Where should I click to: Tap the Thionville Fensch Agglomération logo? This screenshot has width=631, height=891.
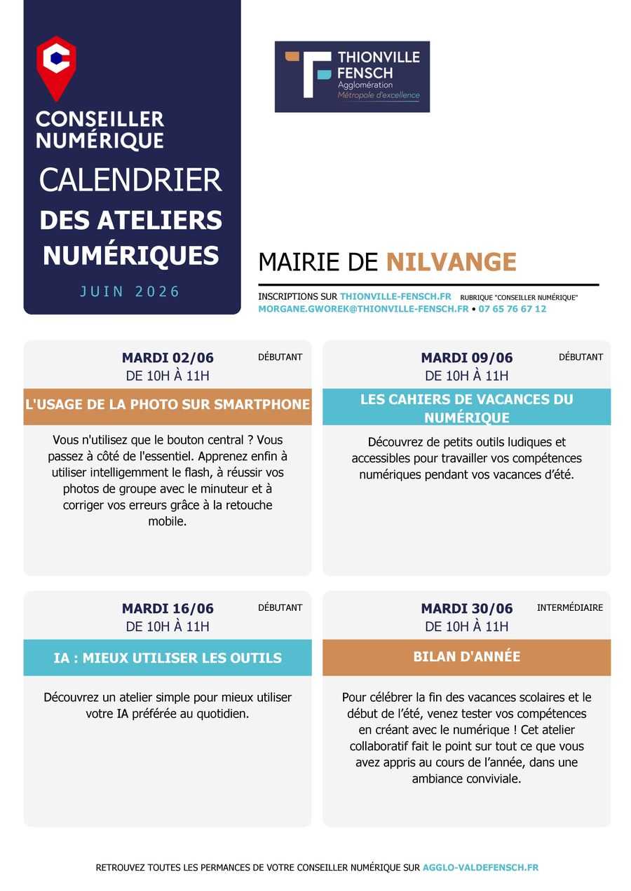tap(352, 76)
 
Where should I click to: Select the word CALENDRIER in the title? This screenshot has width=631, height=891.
tap(130, 180)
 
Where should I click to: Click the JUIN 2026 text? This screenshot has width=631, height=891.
tap(130, 291)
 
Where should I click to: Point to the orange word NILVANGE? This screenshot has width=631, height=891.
tap(451, 262)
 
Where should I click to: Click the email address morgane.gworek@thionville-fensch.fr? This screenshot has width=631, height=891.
tap(363, 309)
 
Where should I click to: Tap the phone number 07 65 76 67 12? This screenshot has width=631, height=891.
tap(513, 309)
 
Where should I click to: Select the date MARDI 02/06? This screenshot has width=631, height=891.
tap(168, 358)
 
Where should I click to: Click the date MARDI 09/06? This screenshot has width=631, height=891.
tap(467, 358)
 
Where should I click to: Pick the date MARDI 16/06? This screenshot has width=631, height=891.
tap(168, 609)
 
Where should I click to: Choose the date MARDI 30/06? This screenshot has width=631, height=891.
tap(467, 609)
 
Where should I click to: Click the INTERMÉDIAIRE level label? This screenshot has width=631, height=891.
tap(570, 608)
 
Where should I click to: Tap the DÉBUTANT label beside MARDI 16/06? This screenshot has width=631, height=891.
tap(280, 608)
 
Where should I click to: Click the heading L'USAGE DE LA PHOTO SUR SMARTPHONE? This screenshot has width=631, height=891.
tap(168, 405)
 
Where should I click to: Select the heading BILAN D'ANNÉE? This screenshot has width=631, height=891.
tap(467, 657)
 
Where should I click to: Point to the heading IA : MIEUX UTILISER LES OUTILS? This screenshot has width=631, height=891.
tap(168, 658)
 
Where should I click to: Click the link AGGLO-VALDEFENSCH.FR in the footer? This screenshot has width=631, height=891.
tap(480, 868)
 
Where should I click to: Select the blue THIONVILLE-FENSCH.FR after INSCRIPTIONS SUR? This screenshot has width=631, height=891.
tap(395, 297)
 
